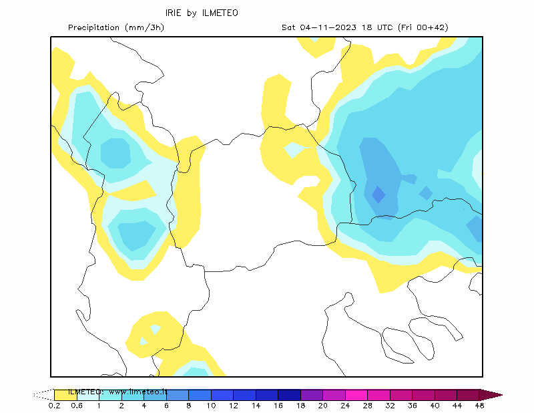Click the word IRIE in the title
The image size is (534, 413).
click(x=173, y=13)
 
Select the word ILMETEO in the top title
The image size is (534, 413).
click(x=220, y=13)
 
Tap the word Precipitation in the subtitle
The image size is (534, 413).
click(x=93, y=27)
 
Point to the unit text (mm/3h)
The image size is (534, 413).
click(x=145, y=27)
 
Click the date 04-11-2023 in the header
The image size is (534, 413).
click(x=328, y=27)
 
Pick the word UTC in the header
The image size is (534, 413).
click(x=385, y=27)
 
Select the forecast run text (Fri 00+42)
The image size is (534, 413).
click(x=423, y=27)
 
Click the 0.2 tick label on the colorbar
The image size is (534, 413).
click(x=55, y=406)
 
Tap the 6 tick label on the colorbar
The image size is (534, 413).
click(x=166, y=406)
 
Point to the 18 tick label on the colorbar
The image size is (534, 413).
click(x=301, y=406)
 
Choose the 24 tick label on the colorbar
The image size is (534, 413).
click(x=345, y=406)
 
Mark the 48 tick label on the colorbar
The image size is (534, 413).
click(x=479, y=406)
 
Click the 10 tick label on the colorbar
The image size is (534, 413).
click(x=211, y=406)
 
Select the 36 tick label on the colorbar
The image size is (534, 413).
click(x=413, y=406)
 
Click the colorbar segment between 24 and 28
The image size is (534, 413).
click(x=356, y=395)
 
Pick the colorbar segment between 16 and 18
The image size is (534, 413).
click(x=290, y=395)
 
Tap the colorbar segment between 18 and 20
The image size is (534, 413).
click(x=312, y=395)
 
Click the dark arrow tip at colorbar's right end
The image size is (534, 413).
click(x=491, y=395)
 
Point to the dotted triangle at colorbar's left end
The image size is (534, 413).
click(x=43, y=395)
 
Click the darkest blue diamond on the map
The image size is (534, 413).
click(x=378, y=194)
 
